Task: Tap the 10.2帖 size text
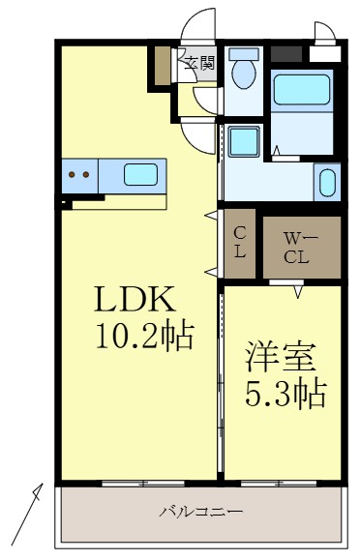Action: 144,337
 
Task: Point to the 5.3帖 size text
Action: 284,393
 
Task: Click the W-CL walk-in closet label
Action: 296,247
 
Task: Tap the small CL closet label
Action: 240,241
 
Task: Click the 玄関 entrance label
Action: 200,65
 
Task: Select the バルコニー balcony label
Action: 200,512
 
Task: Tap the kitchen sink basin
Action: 141,175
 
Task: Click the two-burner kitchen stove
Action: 79,175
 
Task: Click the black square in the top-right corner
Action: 285,54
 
